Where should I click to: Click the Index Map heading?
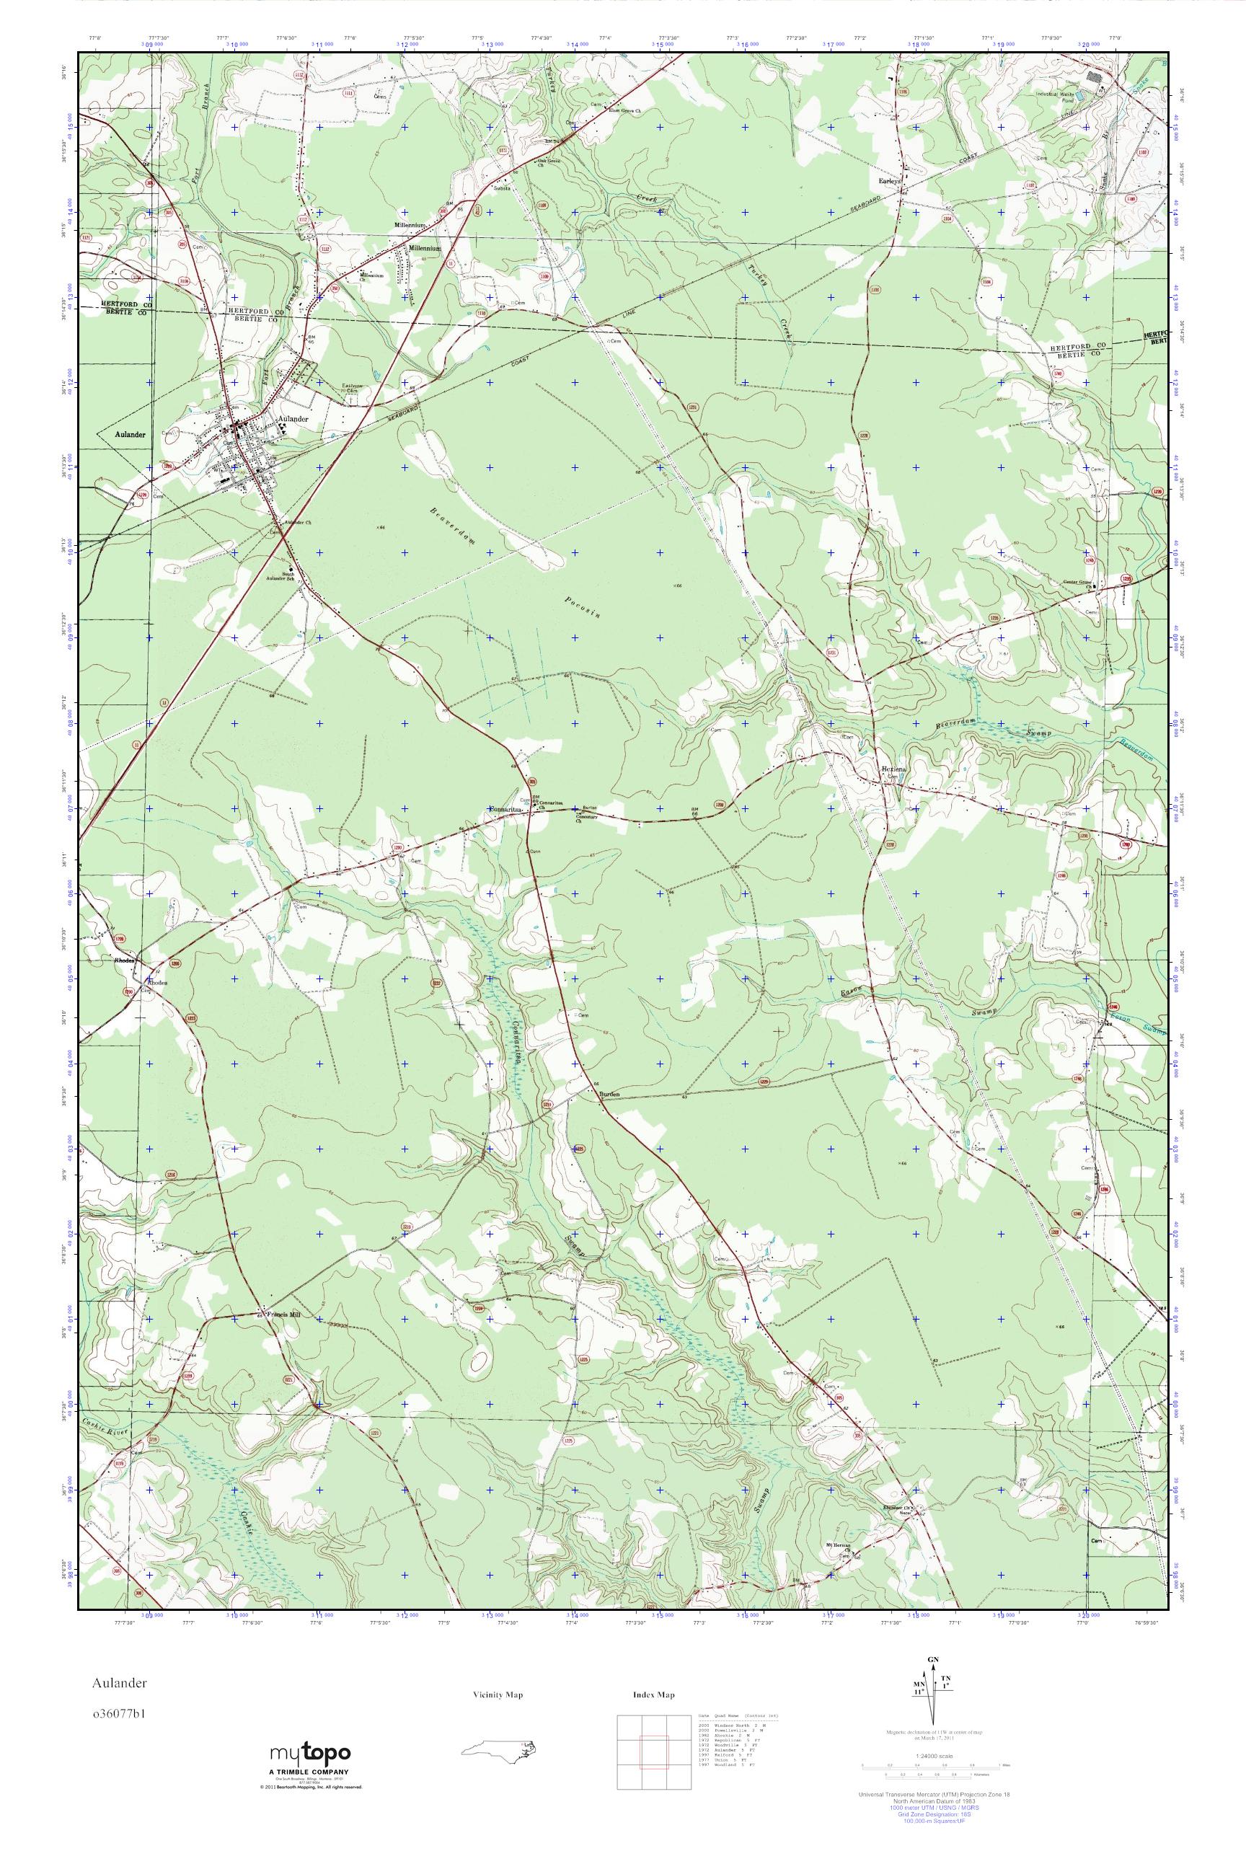tap(654, 1718)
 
